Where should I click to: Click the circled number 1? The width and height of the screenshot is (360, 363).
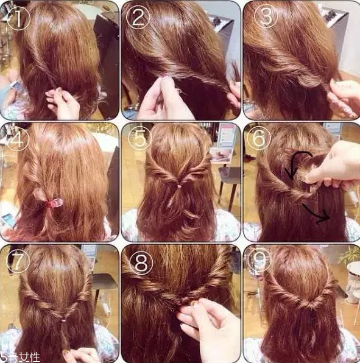coord(18,19)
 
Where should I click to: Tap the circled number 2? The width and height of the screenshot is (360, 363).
coord(138,18)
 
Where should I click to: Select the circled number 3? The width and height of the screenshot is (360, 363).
coord(266,16)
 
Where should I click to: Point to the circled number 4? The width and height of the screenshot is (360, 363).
coord(18,139)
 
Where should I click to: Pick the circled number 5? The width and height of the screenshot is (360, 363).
coord(139,138)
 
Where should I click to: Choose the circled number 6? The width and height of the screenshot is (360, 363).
coord(259,138)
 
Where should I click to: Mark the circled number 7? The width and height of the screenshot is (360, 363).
coord(18,261)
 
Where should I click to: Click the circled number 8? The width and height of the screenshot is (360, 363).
coord(141,263)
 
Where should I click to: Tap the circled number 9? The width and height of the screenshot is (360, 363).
coord(259,259)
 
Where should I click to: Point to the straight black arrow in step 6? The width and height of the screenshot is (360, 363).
coord(316,213)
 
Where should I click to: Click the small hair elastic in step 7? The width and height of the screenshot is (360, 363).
coord(63,320)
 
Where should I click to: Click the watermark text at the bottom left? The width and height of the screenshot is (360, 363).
coord(19,358)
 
